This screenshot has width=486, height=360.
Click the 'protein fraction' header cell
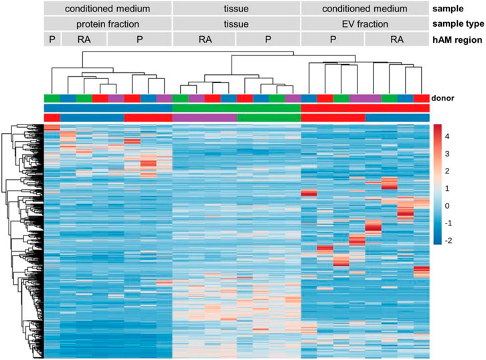point(108,24)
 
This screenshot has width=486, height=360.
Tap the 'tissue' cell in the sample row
point(236,9)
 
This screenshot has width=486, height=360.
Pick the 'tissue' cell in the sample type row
point(236,24)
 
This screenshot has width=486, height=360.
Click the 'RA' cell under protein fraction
point(84,39)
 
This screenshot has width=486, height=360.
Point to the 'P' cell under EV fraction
point(333,39)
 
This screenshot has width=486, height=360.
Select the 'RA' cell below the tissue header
point(204,39)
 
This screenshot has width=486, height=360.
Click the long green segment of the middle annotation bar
point(236,108)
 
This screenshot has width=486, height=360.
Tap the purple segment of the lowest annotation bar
point(204,118)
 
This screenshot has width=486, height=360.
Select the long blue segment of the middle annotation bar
point(108,108)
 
